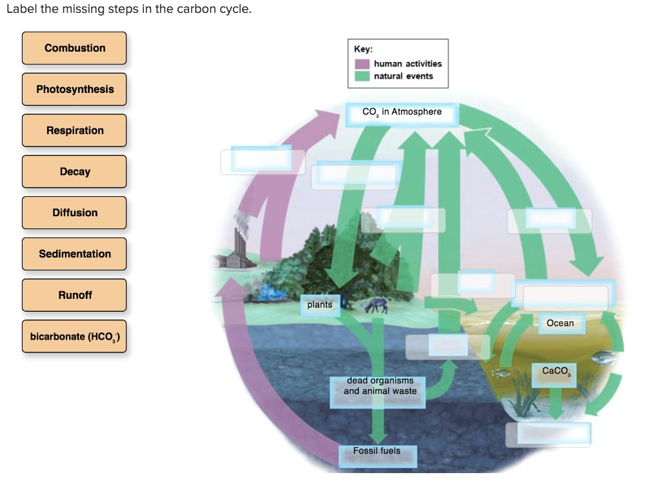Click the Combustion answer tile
[x=74, y=48]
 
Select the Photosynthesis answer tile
[x=74, y=90]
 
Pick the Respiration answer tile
[x=74, y=130]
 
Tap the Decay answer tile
[x=74, y=172]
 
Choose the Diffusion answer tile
[x=74, y=213]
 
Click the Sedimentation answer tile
[x=74, y=254]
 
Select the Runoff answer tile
[x=74, y=295]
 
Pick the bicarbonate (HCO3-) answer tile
[x=74, y=336]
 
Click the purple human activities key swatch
[x=363, y=64]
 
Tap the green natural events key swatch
[x=363, y=76]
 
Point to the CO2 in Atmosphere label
[x=402, y=112]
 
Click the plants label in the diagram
[x=320, y=305]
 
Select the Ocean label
[x=560, y=323]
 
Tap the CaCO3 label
[x=555, y=371]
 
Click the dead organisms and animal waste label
[x=380, y=387]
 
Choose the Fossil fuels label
[x=376, y=451]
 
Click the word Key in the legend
[x=363, y=49]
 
